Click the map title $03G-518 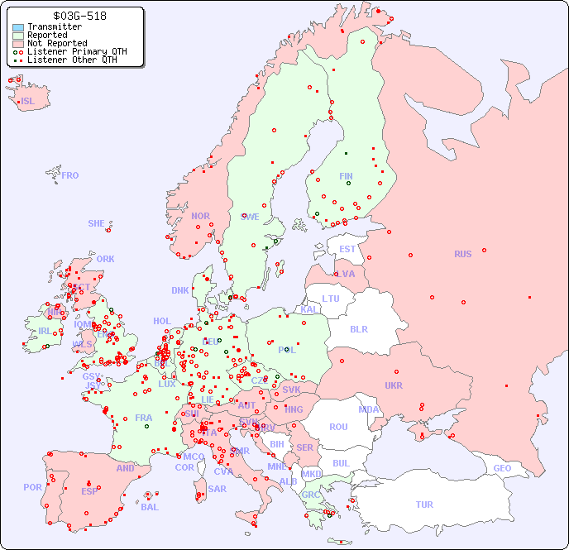[x=79, y=16]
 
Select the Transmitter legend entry [x=54, y=26]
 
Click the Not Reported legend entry [x=56, y=43]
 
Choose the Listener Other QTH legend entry [x=72, y=60]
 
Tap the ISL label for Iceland [x=28, y=102]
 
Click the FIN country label [x=346, y=176]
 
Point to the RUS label [x=462, y=254]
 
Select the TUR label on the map [x=424, y=505]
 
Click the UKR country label [x=393, y=385]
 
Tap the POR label [x=32, y=487]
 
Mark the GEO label [x=502, y=468]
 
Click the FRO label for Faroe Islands [x=70, y=175]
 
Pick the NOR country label [x=200, y=216]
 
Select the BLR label [x=358, y=328]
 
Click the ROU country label [x=338, y=427]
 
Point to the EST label [x=347, y=249]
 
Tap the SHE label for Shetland [x=97, y=223]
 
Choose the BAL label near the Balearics [x=150, y=507]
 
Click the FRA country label [x=144, y=418]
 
